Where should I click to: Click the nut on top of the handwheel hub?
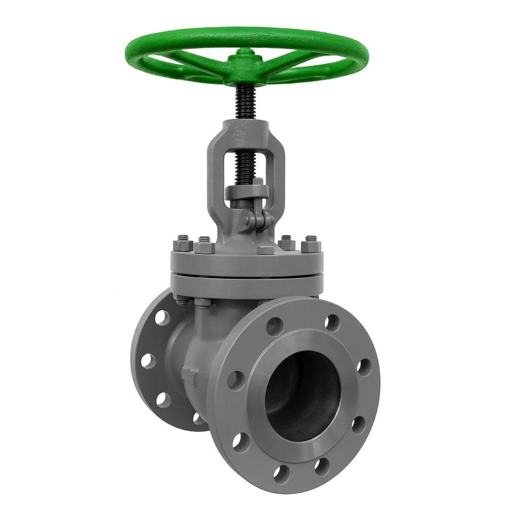246,52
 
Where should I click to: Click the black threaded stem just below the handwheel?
246,102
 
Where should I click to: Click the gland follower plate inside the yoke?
246,191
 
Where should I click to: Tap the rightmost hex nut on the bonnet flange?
312,245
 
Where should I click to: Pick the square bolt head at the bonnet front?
265,250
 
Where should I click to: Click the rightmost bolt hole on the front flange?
364,367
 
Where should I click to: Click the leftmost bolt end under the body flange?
180,300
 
